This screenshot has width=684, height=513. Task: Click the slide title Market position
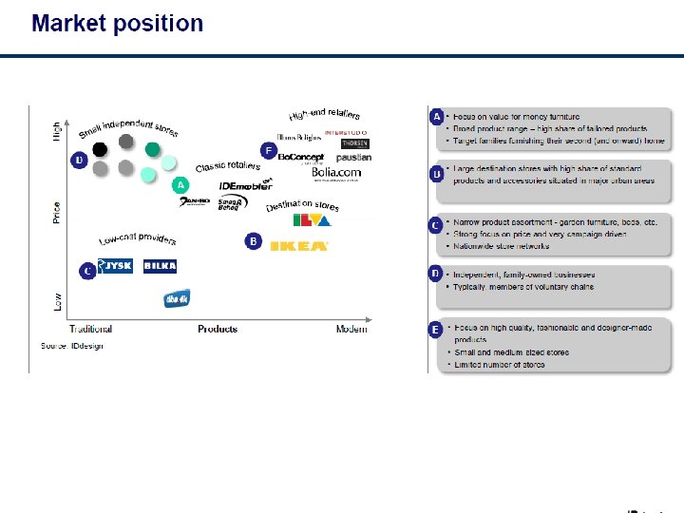(x=118, y=24)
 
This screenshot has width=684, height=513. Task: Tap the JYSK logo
(x=116, y=267)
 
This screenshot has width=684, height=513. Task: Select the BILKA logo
(x=160, y=267)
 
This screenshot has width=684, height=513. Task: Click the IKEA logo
(x=299, y=246)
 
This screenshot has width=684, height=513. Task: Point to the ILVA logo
(x=312, y=221)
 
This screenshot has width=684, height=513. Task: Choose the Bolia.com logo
(x=335, y=173)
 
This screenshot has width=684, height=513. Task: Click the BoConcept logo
(x=301, y=157)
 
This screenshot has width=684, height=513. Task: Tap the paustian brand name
(x=353, y=158)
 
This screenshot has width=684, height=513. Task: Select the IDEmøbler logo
(x=246, y=186)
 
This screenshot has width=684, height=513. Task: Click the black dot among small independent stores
(x=100, y=149)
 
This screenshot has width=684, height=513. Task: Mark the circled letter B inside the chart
(x=253, y=241)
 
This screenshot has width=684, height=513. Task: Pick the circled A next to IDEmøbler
(x=180, y=185)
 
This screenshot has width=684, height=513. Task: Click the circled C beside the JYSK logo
(x=86, y=272)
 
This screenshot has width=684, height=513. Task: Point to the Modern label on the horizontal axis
(x=351, y=330)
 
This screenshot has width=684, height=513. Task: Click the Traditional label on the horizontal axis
(x=91, y=330)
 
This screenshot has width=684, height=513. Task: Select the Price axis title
(x=57, y=213)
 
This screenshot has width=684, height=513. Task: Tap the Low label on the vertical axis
(x=57, y=302)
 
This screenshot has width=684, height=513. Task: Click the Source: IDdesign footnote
(x=71, y=346)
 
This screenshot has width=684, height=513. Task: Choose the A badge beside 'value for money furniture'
(x=437, y=117)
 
